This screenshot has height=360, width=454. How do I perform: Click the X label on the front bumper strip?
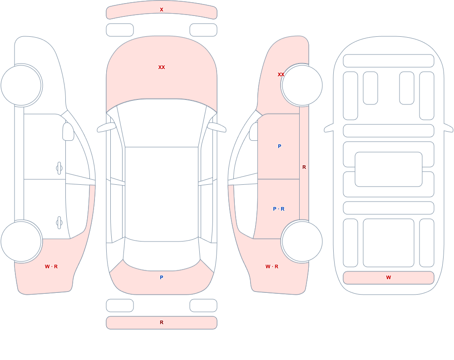[x=162, y=10]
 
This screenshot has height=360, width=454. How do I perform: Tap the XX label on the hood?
[x=162, y=67]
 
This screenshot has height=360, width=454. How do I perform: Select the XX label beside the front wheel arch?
[x=281, y=74]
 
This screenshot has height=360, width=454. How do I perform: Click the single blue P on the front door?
[x=279, y=146]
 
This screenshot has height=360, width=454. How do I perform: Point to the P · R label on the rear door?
[x=279, y=209]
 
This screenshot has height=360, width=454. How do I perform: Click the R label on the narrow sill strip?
[x=304, y=167]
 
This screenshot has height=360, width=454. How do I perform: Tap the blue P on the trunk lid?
[x=162, y=277]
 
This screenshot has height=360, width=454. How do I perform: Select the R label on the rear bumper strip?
[x=162, y=322]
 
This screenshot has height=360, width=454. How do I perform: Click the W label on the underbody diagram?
[x=389, y=277]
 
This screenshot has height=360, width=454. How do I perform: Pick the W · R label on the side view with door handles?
[x=51, y=266]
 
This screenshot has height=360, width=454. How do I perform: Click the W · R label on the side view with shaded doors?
[x=272, y=266]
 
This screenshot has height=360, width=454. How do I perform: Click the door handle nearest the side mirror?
[x=59, y=168]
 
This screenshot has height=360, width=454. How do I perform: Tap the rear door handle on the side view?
[x=59, y=223]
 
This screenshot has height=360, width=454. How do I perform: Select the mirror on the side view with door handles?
[x=68, y=132]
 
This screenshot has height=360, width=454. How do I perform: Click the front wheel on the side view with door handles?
[x=21, y=85]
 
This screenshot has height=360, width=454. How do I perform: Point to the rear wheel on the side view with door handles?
[x=21, y=241]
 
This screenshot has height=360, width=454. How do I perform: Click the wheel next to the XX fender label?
[x=302, y=85]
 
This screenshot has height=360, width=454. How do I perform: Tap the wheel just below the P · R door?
[x=302, y=241]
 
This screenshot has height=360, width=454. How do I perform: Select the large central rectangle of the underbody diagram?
[x=389, y=169]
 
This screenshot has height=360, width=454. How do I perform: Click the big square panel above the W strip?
[x=389, y=243]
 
